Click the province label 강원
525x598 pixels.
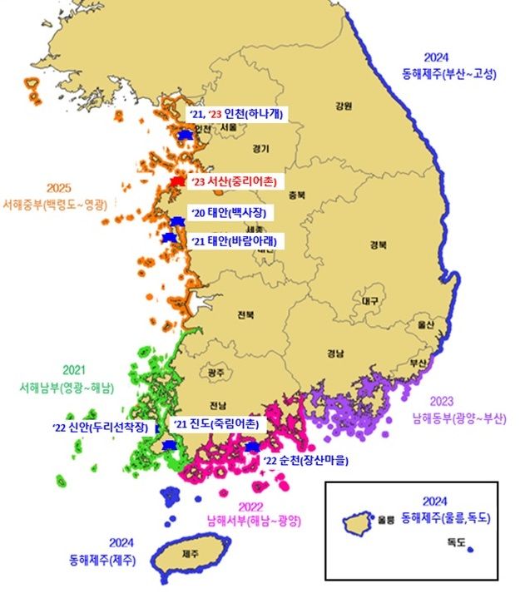[x=344, y=106]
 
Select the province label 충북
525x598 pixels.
[x=296, y=196]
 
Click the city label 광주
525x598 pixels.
[x=216, y=372]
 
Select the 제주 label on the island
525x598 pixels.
[x=190, y=554]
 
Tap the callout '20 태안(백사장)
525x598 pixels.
[x=231, y=214]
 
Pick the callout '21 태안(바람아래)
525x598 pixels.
[x=235, y=241]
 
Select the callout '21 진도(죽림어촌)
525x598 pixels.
[x=216, y=425]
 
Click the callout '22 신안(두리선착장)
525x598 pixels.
[x=105, y=427]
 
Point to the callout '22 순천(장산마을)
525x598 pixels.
[x=305, y=460]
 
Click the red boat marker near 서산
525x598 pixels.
[x=176, y=181]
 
